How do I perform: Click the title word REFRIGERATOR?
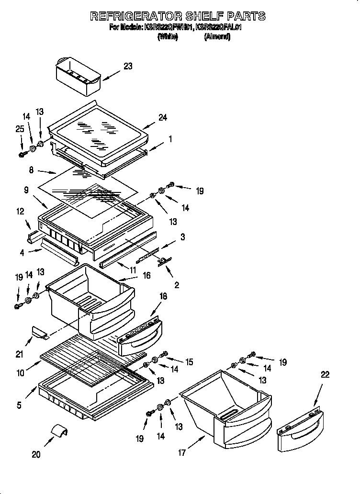(x=139, y=16)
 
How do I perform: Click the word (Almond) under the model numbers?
(x=217, y=37)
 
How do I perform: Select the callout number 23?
(x=128, y=67)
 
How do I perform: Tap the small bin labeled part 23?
(x=78, y=76)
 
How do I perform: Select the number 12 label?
(x=20, y=211)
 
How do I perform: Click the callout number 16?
(x=146, y=276)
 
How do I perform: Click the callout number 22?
(x=325, y=375)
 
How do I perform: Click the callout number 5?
(x=19, y=405)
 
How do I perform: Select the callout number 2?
(x=177, y=285)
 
